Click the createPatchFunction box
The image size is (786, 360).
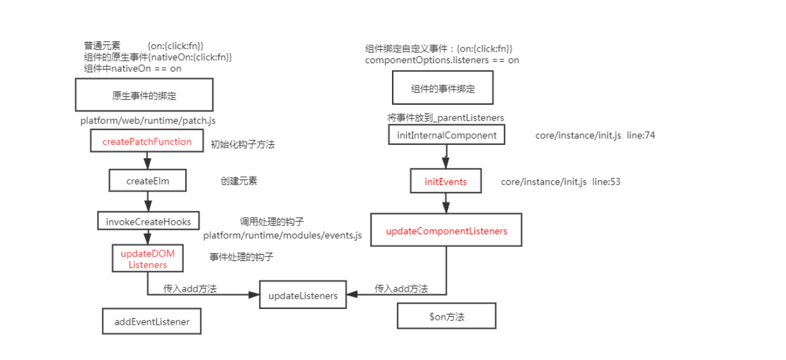pyautogui.click(x=147, y=142)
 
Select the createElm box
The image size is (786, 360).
pyautogui.click(x=147, y=181)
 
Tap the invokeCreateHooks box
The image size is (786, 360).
pyautogui.click(x=148, y=221)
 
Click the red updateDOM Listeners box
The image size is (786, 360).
pyautogui.click(x=147, y=259)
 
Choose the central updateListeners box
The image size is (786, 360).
pyautogui.click(x=303, y=296)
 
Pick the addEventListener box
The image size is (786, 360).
pyautogui.click(x=152, y=322)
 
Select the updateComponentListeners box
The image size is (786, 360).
pyautogui.click(x=446, y=231)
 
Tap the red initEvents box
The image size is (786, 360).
pyautogui.click(x=446, y=182)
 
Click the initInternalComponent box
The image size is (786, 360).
pyautogui.click(x=446, y=135)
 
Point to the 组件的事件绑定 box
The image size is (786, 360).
pyautogui.click(x=442, y=88)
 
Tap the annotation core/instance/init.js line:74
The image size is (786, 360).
pyautogui.click(x=595, y=135)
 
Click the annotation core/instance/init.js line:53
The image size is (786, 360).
pyautogui.click(x=561, y=182)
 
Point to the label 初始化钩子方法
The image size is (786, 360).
pyautogui.click(x=243, y=144)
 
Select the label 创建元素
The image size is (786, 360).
pyautogui.click(x=239, y=181)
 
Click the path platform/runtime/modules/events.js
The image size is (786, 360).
pyautogui.click(x=282, y=236)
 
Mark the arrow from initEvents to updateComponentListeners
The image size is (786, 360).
pyautogui.click(x=446, y=203)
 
